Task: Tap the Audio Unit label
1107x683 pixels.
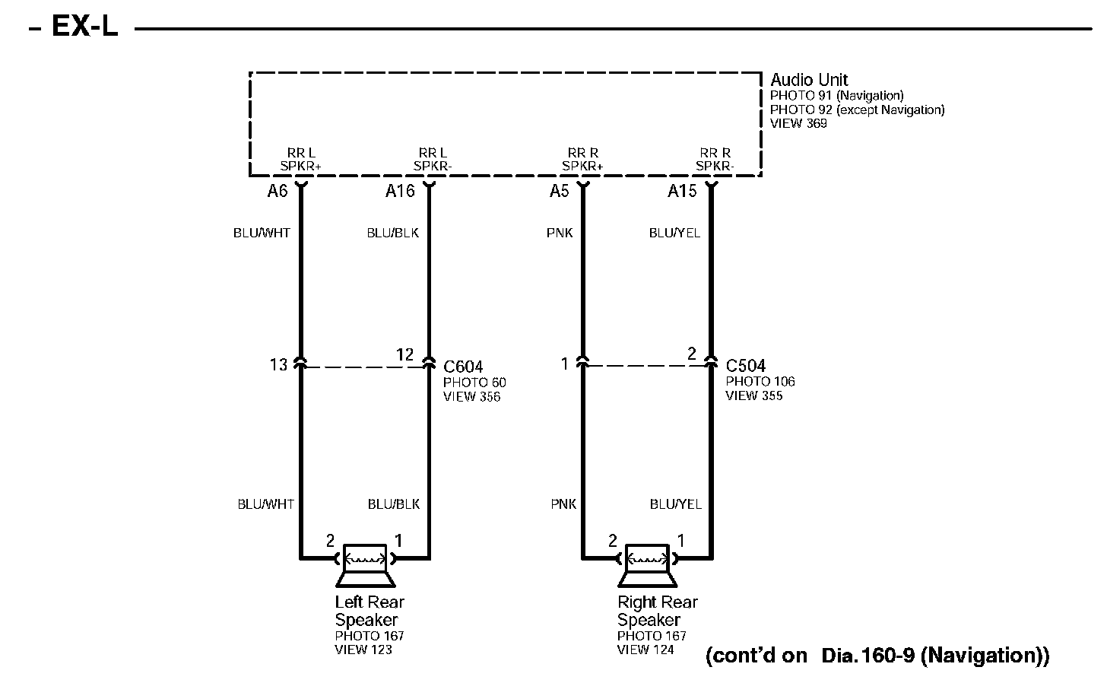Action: pos(808,80)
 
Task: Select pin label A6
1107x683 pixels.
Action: pos(278,191)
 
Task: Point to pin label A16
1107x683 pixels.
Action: pos(400,191)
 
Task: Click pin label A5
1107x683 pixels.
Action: pos(559,191)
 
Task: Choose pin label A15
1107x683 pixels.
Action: pos(682,191)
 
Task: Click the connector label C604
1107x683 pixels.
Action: pos(463,367)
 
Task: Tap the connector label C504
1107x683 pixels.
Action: pos(745,366)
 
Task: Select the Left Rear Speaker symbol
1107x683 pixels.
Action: pos(365,565)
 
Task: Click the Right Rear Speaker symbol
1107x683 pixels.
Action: pos(647,565)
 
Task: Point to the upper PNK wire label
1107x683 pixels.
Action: pos(560,233)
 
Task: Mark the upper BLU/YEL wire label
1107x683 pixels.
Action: pos(674,233)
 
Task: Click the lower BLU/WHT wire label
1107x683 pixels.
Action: pos(265,504)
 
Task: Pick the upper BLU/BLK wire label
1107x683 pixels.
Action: pos(392,233)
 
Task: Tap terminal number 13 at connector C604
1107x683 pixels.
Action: pos(278,365)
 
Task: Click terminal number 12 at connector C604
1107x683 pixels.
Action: pos(404,354)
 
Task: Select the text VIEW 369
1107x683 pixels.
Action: pos(798,123)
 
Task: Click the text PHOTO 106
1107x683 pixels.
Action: pos(760,382)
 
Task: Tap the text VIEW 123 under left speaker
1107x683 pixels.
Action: pos(363,650)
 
